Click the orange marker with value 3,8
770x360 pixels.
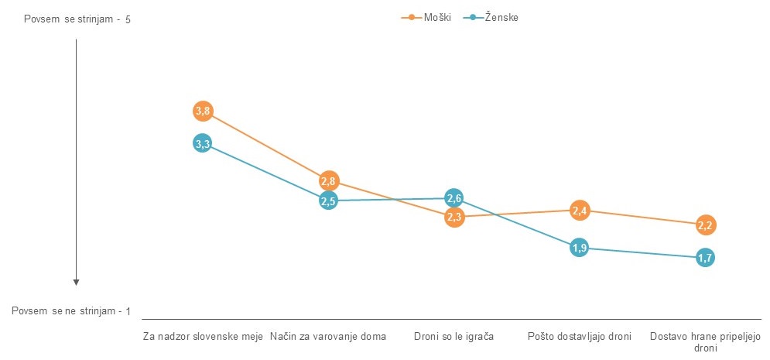[202, 111]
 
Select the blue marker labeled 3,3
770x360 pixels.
[202, 143]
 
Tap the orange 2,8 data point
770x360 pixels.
[328, 182]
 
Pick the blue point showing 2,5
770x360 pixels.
[328, 201]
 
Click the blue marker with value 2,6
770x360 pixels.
[454, 198]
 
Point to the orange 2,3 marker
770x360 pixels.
[454, 218]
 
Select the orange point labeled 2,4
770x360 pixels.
[580, 210]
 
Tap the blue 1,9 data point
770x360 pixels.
[580, 248]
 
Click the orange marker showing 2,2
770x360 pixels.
[705, 225]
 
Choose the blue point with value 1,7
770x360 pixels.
[705, 258]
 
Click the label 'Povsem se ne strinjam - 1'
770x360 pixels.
[72, 311]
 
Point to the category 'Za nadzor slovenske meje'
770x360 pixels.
[204, 337]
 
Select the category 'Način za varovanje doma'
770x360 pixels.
[328, 337]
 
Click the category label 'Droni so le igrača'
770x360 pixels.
[454, 337]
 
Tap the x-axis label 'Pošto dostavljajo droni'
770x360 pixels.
[580, 337]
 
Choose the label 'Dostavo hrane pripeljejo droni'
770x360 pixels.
[705, 342]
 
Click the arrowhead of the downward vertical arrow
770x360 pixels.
[77, 282]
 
